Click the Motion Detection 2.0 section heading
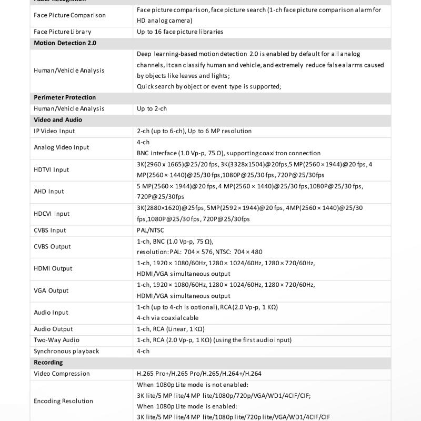pos(65,43)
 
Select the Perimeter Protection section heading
pos(65,97)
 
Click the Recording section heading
pos(48,362)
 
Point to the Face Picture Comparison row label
pos(69,15)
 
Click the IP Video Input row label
pos(54,131)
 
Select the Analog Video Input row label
pos(62,147)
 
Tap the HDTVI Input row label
pos(52,169)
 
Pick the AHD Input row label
pos(49,192)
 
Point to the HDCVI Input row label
pos(52,214)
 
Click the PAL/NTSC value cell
pos(150,230)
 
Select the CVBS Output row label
pos(52,246)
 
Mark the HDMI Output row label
pos(53,268)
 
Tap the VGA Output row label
pos(51,290)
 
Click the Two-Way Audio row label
pos(57,340)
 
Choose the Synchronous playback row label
pos(66,351)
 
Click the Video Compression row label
pos(62,374)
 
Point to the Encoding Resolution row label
pos(63,401)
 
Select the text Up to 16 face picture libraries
pos(180,32)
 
